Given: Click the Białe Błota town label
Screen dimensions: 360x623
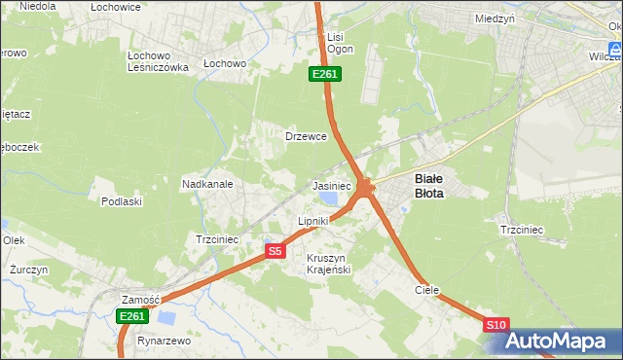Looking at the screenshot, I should (x=429, y=186).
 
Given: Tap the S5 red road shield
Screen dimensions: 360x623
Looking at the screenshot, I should (x=275, y=251).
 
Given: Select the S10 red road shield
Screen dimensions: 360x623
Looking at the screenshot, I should (x=495, y=325).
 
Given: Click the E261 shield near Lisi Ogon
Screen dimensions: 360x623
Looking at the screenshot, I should (x=324, y=74).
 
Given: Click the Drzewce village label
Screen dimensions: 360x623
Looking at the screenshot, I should (x=305, y=137).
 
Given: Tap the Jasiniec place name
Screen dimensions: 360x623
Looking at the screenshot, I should (x=331, y=185).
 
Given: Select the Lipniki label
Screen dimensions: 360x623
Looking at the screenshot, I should (x=313, y=221).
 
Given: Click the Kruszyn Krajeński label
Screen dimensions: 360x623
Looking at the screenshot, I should (x=328, y=263).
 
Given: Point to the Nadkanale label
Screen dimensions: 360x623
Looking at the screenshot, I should (x=206, y=183).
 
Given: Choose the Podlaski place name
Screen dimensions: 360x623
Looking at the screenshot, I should (x=122, y=201).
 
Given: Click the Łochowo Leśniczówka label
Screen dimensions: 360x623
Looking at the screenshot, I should (x=157, y=60).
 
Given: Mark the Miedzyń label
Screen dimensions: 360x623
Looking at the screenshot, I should (x=495, y=18).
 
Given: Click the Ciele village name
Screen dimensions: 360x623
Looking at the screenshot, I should (x=426, y=290).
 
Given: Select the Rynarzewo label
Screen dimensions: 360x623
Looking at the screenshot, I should (x=164, y=342).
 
